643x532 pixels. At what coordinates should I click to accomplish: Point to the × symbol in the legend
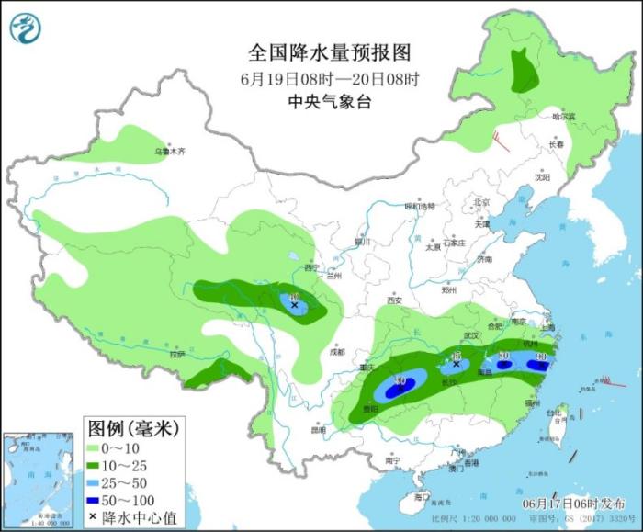94,517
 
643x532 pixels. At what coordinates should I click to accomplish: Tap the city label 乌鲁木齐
169,151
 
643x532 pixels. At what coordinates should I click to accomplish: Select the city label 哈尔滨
563,117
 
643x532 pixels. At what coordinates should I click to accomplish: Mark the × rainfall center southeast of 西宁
295,305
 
